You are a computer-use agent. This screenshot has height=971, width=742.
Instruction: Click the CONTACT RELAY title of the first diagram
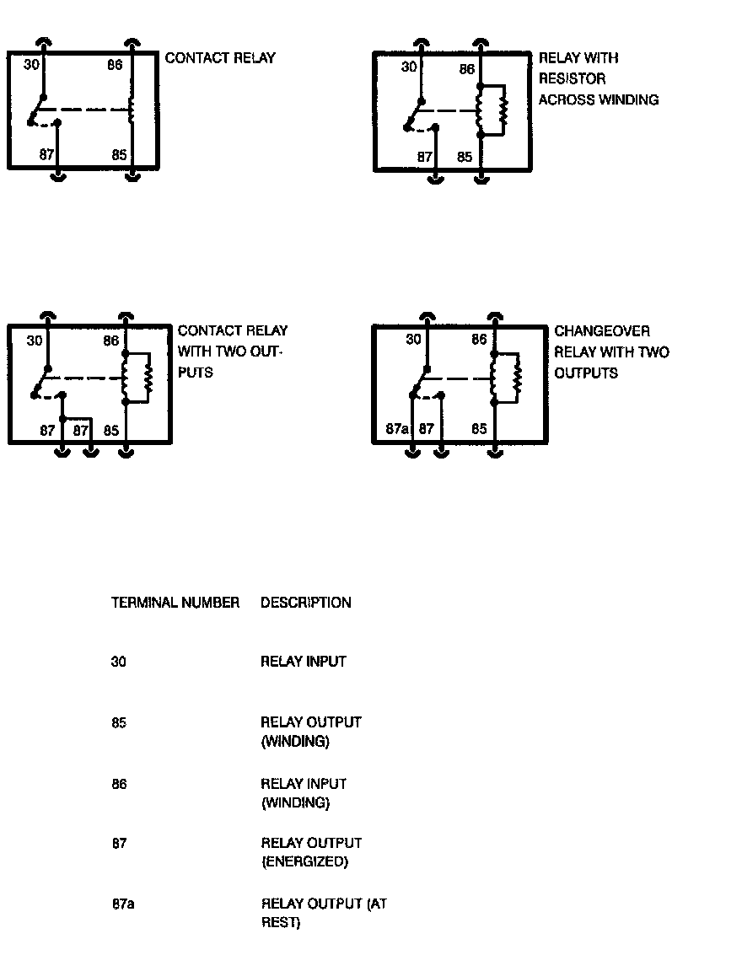[220, 58]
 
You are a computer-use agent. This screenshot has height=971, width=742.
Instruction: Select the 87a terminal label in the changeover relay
[397, 429]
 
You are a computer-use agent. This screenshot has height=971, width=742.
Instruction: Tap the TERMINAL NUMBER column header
[175, 603]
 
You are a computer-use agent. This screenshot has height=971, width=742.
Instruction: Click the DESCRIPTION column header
[305, 603]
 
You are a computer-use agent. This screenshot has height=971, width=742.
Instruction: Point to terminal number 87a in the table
[123, 904]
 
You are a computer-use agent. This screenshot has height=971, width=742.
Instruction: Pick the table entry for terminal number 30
[119, 662]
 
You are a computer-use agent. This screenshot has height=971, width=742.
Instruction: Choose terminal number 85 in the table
[119, 722]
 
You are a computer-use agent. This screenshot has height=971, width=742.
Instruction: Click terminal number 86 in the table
[119, 784]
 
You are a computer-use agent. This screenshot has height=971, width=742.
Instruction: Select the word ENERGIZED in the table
[304, 861]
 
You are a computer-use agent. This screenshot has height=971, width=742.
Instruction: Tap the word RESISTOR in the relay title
[573, 79]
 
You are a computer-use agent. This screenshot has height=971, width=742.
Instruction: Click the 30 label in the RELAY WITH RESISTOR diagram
[409, 67]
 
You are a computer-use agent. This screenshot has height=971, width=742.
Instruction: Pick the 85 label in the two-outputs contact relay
[111, 430]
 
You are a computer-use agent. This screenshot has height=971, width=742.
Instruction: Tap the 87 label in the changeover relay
[427, 429]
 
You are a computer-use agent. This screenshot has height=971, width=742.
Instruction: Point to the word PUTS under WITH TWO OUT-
[196, 372]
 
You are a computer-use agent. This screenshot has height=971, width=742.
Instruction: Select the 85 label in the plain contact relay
[119, 155]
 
